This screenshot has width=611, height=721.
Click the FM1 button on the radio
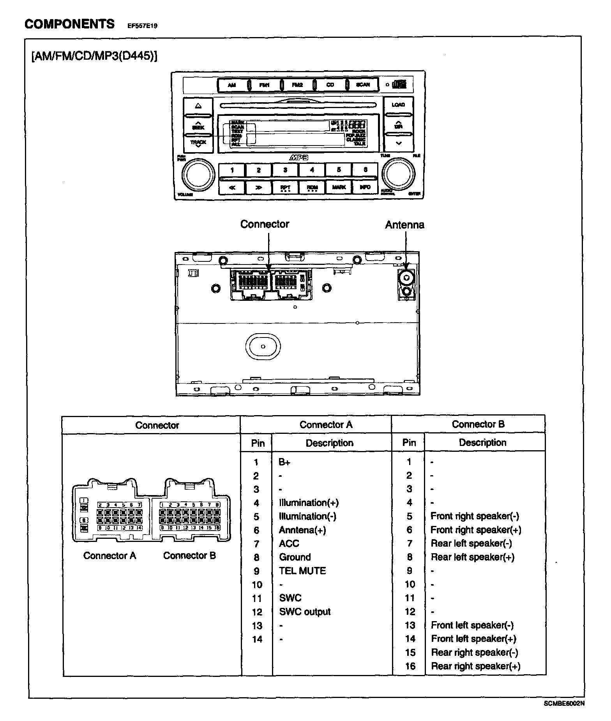coord(264,85)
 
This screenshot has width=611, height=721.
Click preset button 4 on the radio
coord(312,170)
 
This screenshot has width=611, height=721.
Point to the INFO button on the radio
coord(365,187)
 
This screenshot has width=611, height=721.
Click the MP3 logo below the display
coord(299,158)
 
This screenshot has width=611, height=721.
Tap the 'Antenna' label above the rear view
coord(404,225)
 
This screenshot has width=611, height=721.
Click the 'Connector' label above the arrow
coord(265,224)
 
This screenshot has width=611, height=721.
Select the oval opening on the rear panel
coord(263,346)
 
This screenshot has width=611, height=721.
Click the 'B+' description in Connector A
coord(285,462)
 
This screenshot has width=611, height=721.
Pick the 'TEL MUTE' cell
coord(302,571)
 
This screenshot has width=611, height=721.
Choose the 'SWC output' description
coord(305,612)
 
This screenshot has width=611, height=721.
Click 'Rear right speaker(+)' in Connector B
coord(475,666)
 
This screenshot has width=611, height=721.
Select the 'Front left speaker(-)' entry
coord(472,625)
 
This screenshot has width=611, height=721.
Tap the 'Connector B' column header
coord(478,424)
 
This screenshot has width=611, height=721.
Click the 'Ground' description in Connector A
coord(295,557)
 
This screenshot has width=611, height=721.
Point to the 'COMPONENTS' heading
coord(70,24)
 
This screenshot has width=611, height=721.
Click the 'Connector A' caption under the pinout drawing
coord(110,556)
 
